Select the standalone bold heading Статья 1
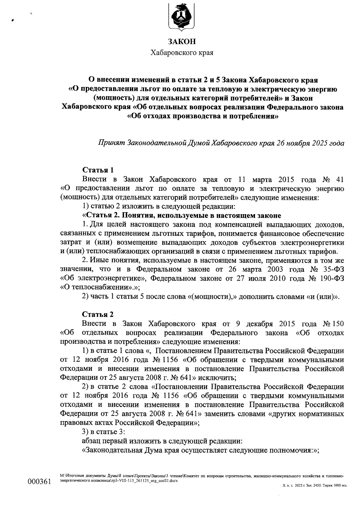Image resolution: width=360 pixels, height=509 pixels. (x=98, y=170)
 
